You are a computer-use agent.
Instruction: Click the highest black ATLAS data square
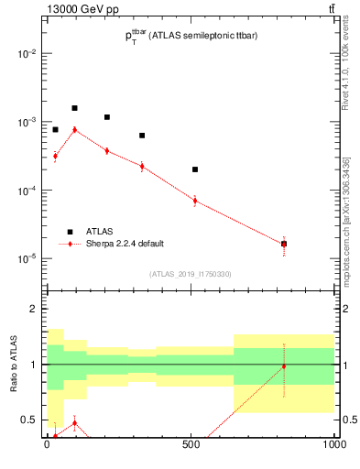pos(75,108)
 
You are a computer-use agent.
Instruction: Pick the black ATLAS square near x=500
pos(195,169)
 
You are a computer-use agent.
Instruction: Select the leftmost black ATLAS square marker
pos(55,129)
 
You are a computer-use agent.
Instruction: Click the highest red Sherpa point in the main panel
pos(75,129)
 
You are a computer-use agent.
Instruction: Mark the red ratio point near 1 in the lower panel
pos(284,366)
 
